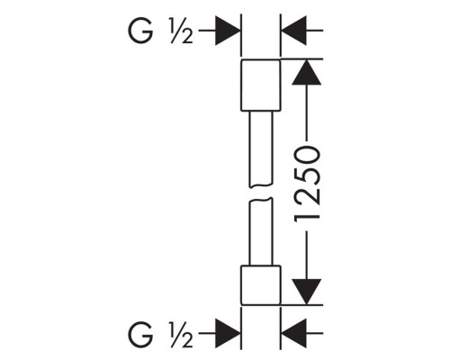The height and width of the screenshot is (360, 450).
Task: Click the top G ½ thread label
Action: coord(160,31)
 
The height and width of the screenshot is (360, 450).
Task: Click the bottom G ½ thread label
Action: coord(160,334)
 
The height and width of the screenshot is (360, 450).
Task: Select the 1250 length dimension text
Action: coord(307,184)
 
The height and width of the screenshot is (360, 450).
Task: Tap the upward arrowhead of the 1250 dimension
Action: coord(306,72)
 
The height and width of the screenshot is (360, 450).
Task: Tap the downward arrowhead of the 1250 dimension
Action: coord(306,292)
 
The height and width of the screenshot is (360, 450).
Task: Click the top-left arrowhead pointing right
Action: coord(228,31)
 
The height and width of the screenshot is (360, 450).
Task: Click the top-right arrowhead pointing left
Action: coord(293,31)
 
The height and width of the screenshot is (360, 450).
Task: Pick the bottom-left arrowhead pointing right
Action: coord(228,333)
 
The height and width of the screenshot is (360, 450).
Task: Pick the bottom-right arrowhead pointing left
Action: coord(293,333)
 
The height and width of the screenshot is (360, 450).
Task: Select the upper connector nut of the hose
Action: coord(261,85)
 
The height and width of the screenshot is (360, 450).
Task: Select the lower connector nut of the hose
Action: coord(261,285)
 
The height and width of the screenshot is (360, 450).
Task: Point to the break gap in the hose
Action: coord(261,193)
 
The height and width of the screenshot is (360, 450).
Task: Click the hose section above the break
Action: coord(261,148)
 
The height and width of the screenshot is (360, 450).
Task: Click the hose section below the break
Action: coord(261,231)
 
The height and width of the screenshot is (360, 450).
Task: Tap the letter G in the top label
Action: coord(140,31)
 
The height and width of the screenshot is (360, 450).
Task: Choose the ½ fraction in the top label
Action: coord(182,31)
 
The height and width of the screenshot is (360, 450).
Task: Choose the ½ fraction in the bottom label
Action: coord(182,335)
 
